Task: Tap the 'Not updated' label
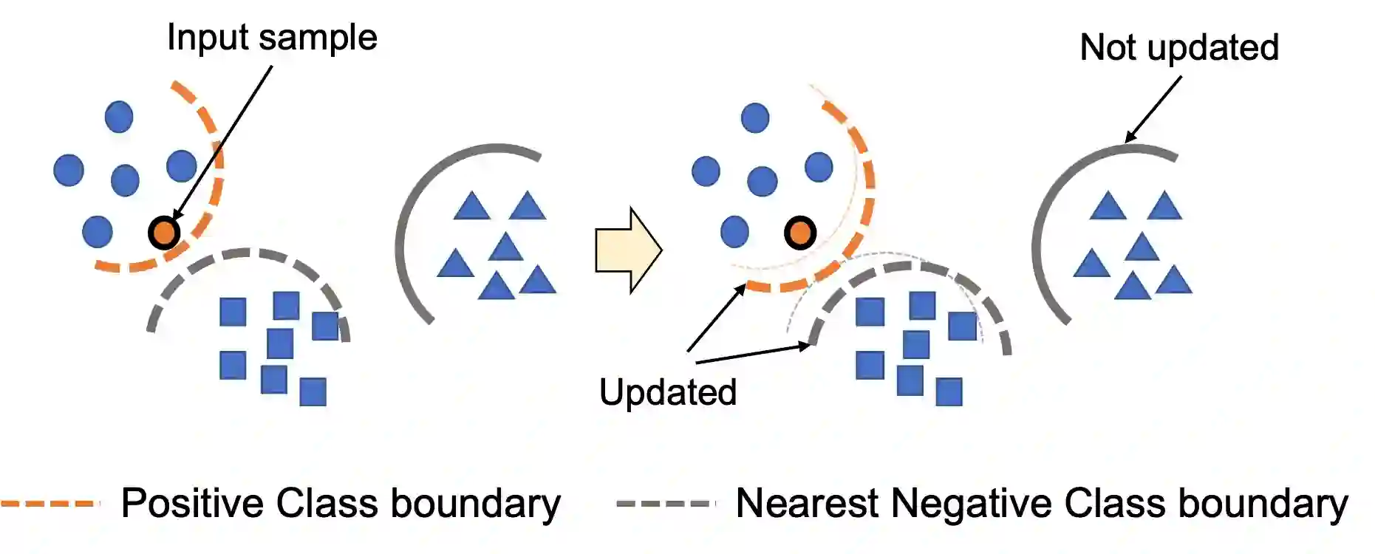[1178, 48]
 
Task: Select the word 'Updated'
[667, 392]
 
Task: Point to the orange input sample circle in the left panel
[163, 233]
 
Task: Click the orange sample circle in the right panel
[799, 233]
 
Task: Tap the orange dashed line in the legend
[50, 504]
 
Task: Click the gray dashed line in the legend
[666, 504]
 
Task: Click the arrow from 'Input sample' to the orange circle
[222, 143]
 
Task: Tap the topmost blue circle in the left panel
[119, 117]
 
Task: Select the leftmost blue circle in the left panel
[69, 170]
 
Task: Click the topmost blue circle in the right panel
[754, 117]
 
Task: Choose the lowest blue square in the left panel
[313, 391]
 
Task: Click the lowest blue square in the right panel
[949, 391]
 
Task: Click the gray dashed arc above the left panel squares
[244, 255]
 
